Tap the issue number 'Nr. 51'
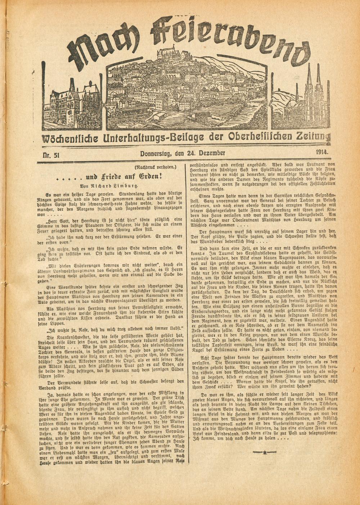[52, 155]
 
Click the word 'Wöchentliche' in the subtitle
[69, 138]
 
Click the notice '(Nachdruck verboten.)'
[155, 167]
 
